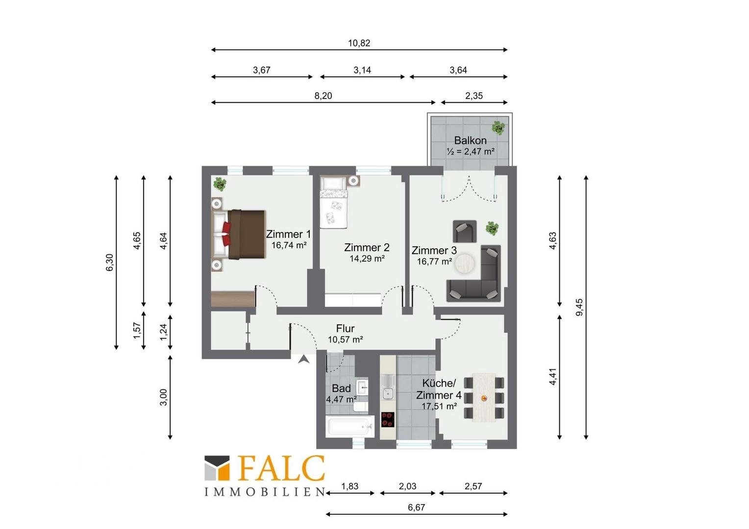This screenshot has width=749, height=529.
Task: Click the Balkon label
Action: (x=470, y=141)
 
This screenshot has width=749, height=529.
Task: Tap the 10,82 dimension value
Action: (x=359, y=43)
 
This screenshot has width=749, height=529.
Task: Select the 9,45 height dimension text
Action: (x=579, y=307)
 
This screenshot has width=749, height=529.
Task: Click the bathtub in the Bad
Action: (x=350, y=426)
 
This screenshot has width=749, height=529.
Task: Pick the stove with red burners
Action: (x=388, y=420)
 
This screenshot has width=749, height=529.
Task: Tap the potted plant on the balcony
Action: (x=499, y=128)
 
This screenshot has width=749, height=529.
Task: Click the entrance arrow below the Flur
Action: (x=303, y=359)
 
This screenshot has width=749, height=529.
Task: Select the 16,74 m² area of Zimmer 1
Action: (x=289, y=245)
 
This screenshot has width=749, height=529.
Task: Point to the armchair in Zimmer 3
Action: (x=464, y=231)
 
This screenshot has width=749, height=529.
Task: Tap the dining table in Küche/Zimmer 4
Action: (x=483, y=397)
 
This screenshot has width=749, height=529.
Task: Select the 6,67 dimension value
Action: (x=416, y=507)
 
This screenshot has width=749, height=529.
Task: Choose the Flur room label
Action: (x=345, y=328)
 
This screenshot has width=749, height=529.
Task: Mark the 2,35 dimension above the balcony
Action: (x=474, y=96)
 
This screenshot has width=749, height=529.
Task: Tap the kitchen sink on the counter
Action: (x=388, y=388)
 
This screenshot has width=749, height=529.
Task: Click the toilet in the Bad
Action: (x=361, y=407)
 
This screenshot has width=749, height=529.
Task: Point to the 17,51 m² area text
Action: (x=439, y=407)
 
